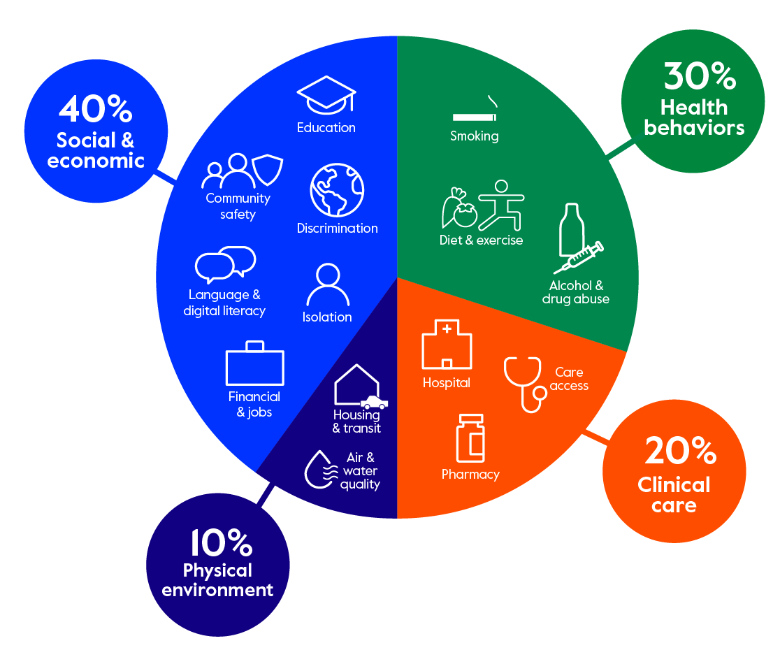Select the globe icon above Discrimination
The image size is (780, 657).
(338, 190)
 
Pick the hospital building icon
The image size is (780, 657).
(447, 344)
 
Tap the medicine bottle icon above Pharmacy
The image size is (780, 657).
(470, 438)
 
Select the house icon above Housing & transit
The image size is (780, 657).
(357, 385)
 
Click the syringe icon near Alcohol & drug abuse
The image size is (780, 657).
(579, 258)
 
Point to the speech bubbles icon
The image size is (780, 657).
(225, 264)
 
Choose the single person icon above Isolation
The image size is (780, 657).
(328, 284)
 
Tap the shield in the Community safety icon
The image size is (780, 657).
(268, 170)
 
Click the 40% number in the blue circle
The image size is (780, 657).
(96, 109)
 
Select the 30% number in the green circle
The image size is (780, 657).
(700, 76)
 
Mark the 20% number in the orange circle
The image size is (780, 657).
(681, 451)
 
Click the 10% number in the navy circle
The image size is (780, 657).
(222, 542)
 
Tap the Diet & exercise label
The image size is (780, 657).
(481, 240)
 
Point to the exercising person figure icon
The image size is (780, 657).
(501, 205)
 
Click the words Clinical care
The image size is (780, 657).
(674, 495)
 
